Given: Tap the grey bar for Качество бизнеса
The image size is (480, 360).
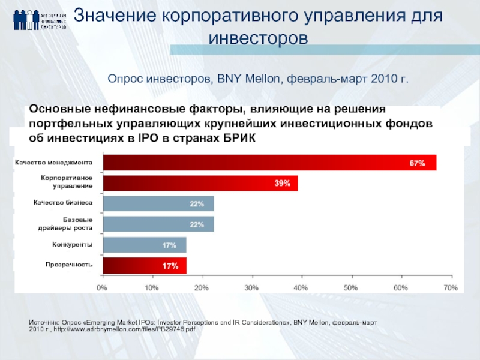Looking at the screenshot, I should point(158,204).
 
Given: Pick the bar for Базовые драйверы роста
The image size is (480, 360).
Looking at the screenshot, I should point(158,224).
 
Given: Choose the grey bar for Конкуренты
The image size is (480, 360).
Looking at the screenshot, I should point(144,245).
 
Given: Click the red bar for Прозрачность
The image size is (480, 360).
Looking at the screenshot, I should point(144,265).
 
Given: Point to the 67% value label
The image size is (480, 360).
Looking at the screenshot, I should point(417,163).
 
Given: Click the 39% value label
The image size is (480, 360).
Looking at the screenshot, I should point(283,184).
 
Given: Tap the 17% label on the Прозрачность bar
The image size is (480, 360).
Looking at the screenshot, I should point(170,266).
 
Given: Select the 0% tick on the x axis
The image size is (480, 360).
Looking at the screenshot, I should point(103,288).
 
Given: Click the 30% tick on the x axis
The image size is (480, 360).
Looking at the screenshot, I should point(251,288).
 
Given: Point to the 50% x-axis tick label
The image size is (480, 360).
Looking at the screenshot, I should point(350,288).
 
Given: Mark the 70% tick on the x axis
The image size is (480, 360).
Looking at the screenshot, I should point(450,288).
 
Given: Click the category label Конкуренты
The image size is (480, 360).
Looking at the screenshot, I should point(72,245).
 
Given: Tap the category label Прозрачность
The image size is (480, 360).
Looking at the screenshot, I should point(69,265).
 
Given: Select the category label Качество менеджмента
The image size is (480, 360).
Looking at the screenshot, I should point(53,163).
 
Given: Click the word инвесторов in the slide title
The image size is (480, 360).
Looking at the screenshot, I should point(258,39).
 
